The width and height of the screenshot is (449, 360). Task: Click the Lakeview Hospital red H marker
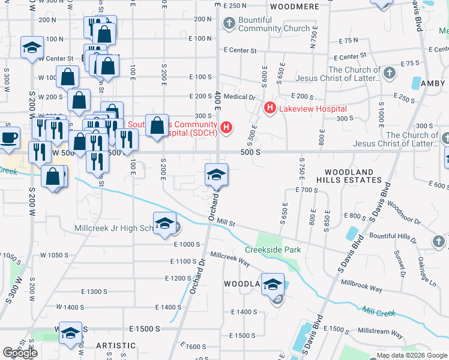270,109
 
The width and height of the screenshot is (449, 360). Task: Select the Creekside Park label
272,250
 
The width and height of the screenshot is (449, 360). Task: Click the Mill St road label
226,222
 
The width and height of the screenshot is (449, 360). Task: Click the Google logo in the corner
20,353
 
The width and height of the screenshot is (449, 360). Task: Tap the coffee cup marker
8,137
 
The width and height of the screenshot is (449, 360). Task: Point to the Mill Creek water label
379,312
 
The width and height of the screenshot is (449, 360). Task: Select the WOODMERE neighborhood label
294,7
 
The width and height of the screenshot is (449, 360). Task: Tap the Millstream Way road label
380,331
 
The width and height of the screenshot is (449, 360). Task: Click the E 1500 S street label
145,329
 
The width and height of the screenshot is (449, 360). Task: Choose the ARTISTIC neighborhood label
116,346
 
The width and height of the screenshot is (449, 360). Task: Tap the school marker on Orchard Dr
216,175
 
